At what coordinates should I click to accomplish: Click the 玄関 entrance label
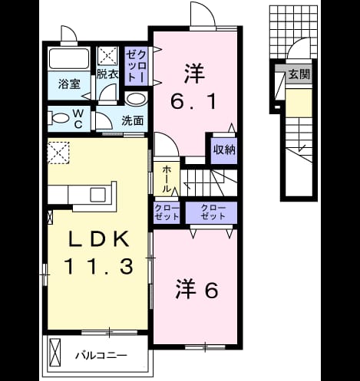299,74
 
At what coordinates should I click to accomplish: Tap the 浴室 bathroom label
69,84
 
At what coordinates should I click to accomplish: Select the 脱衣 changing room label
107,74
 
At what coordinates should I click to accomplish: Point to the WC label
78,119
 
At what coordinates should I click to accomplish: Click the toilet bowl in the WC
59,118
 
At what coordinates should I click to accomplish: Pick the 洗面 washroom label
132,120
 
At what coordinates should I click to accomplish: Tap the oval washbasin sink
136,99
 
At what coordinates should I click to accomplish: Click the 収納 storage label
224,149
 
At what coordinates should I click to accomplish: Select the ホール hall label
167,179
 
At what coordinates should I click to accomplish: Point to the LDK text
99,238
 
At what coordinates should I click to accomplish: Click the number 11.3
99,266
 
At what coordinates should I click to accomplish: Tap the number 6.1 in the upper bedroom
193,101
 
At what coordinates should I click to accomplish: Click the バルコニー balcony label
101,355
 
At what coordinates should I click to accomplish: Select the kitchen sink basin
97,195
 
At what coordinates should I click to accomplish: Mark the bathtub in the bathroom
68,59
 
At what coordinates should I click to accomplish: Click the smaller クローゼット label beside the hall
167,212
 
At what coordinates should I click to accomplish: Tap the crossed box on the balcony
55,353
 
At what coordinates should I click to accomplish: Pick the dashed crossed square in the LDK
58,153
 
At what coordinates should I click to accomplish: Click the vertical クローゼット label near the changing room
137,66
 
